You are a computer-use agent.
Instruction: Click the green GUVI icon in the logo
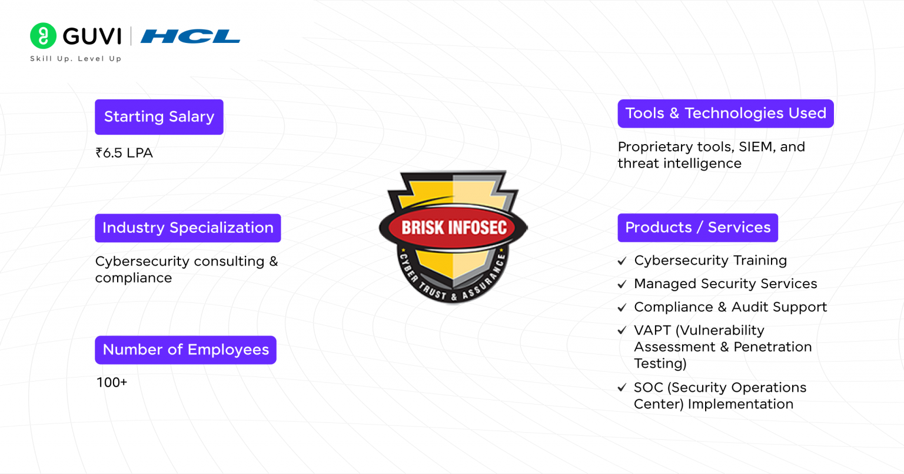pos(43,36)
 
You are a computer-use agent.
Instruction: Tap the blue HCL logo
pos(190,36)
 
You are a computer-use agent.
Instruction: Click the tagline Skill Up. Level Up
pos(75,59)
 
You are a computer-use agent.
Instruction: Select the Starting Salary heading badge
pos(159,117)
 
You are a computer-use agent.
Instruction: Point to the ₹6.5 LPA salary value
pos(124,153)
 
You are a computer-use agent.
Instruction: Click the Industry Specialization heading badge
pos(188,228)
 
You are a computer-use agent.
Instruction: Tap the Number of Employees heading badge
pos(185,350)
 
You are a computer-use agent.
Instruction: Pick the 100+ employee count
pos(112,383)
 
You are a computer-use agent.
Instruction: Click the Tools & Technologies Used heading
pos(725,114)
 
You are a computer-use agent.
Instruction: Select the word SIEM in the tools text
pos(756,147)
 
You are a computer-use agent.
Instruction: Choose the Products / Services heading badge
pos(697,228)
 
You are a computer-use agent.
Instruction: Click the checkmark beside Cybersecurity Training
pos(622,261)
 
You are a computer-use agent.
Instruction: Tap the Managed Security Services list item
pos(725,284)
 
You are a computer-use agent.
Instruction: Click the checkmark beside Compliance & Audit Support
pos(622,308)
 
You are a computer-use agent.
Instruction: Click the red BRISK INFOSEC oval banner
pos(453,228)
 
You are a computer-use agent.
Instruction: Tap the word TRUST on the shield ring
pos(432,290)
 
